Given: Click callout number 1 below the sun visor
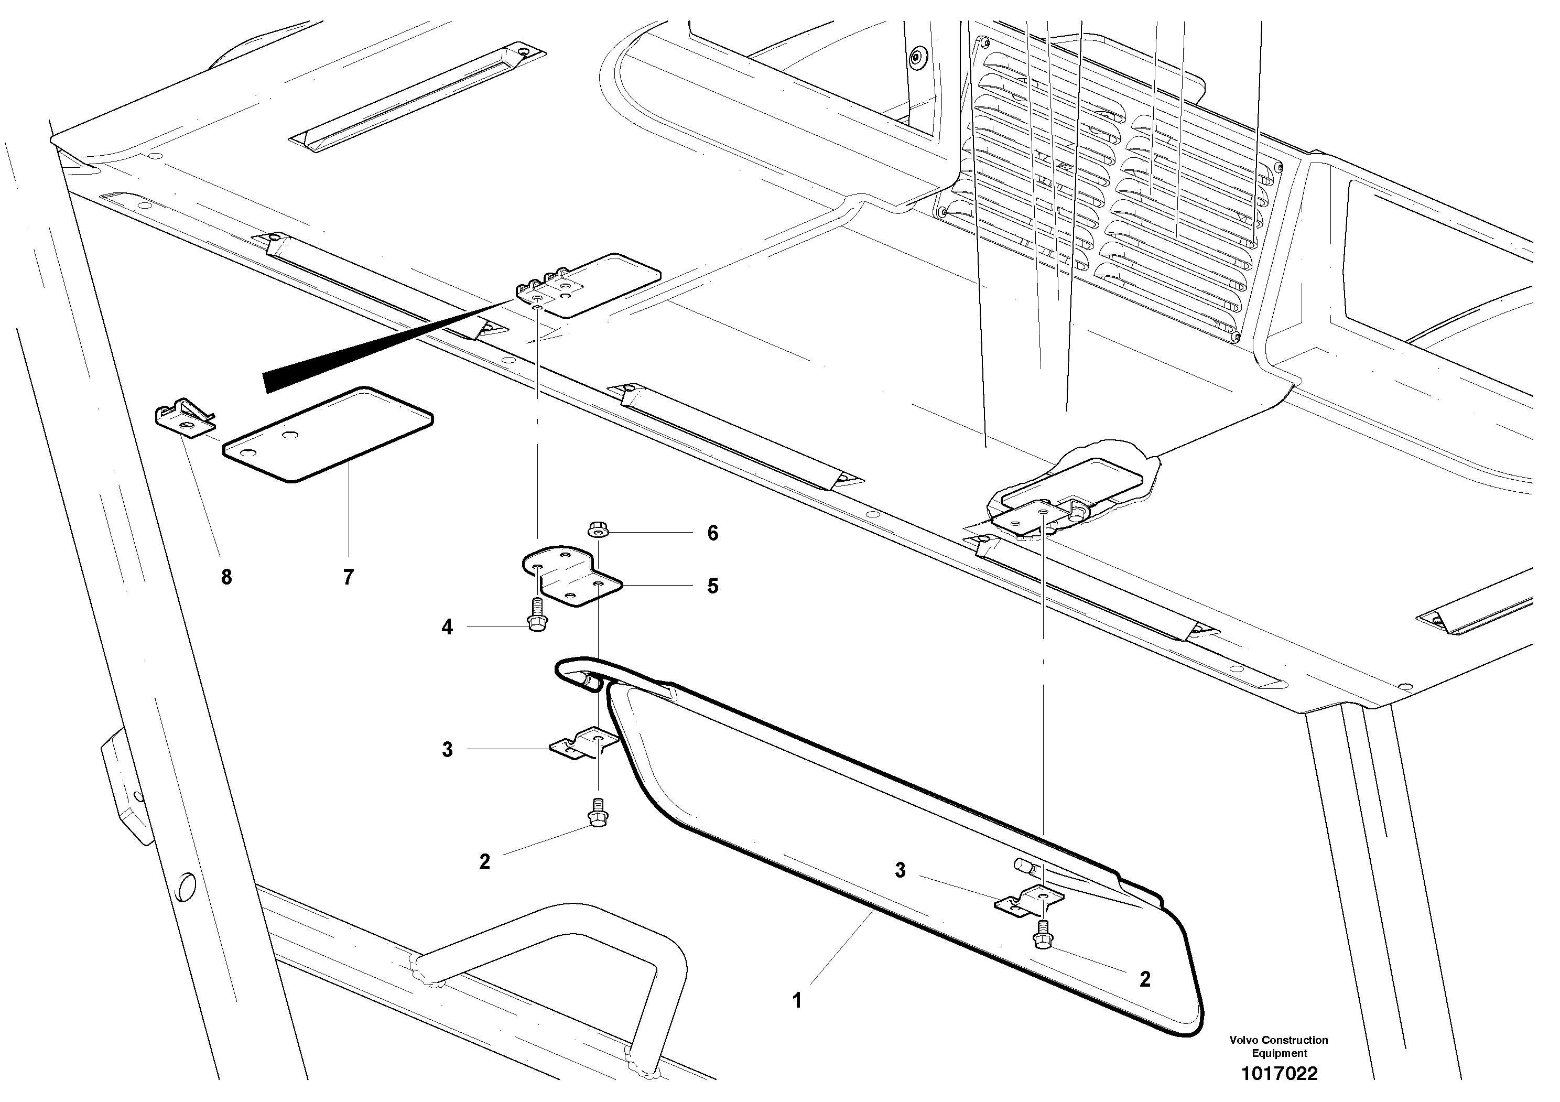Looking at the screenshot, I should (797, 1001).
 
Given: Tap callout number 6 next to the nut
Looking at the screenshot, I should (712, 533).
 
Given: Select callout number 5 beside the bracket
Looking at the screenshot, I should (712, 586).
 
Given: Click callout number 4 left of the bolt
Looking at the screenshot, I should (447, 627).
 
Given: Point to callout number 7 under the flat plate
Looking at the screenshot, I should (348, 578).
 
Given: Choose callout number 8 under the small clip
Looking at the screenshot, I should (226, 578).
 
